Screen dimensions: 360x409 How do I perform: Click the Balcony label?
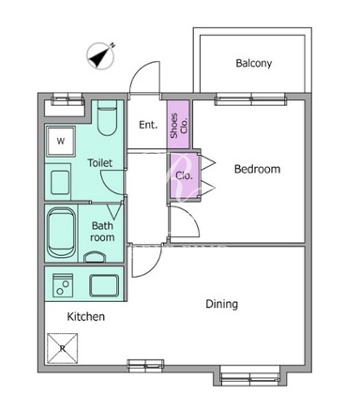[253, 63]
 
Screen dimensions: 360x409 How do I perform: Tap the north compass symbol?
[100, 55]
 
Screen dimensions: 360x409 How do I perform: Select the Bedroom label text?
[257, 169]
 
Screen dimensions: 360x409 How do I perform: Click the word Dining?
[221, 304]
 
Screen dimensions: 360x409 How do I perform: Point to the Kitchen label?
[86, 316]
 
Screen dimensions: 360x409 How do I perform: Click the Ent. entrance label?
[148, 125]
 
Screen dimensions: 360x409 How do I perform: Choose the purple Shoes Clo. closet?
[178, 125]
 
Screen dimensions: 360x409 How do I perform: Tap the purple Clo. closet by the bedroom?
[184, 175]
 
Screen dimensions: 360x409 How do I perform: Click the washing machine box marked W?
[61, 141]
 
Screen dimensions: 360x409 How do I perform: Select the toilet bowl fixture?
[107, 118]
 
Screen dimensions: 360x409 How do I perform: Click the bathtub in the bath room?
[62, 233]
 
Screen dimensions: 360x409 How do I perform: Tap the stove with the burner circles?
[63, 285]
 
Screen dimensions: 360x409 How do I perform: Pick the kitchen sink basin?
[104, 285]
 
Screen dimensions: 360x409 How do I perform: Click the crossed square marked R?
[63, 348]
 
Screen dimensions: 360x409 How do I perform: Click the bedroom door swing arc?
[193, 216]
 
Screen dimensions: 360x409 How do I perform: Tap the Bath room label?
[102, 232]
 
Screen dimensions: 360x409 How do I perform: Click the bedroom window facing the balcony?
[250, 99]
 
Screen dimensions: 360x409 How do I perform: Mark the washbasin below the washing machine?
[60, 182]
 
